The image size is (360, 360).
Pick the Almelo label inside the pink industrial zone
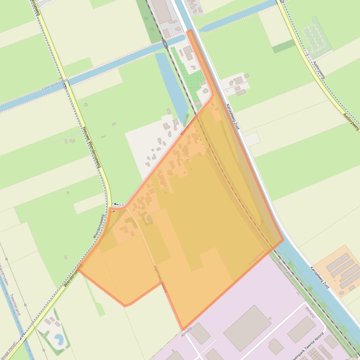click(x=310, y=311)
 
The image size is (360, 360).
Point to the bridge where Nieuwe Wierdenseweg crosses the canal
click(x=66, y=85)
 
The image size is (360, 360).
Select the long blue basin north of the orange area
click(x=169, y=84)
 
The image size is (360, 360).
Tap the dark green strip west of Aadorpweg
click(x=284, y=46)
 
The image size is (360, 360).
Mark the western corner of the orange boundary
click(x=79, y=269)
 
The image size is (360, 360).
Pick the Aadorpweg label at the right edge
click(x=351, y=121)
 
